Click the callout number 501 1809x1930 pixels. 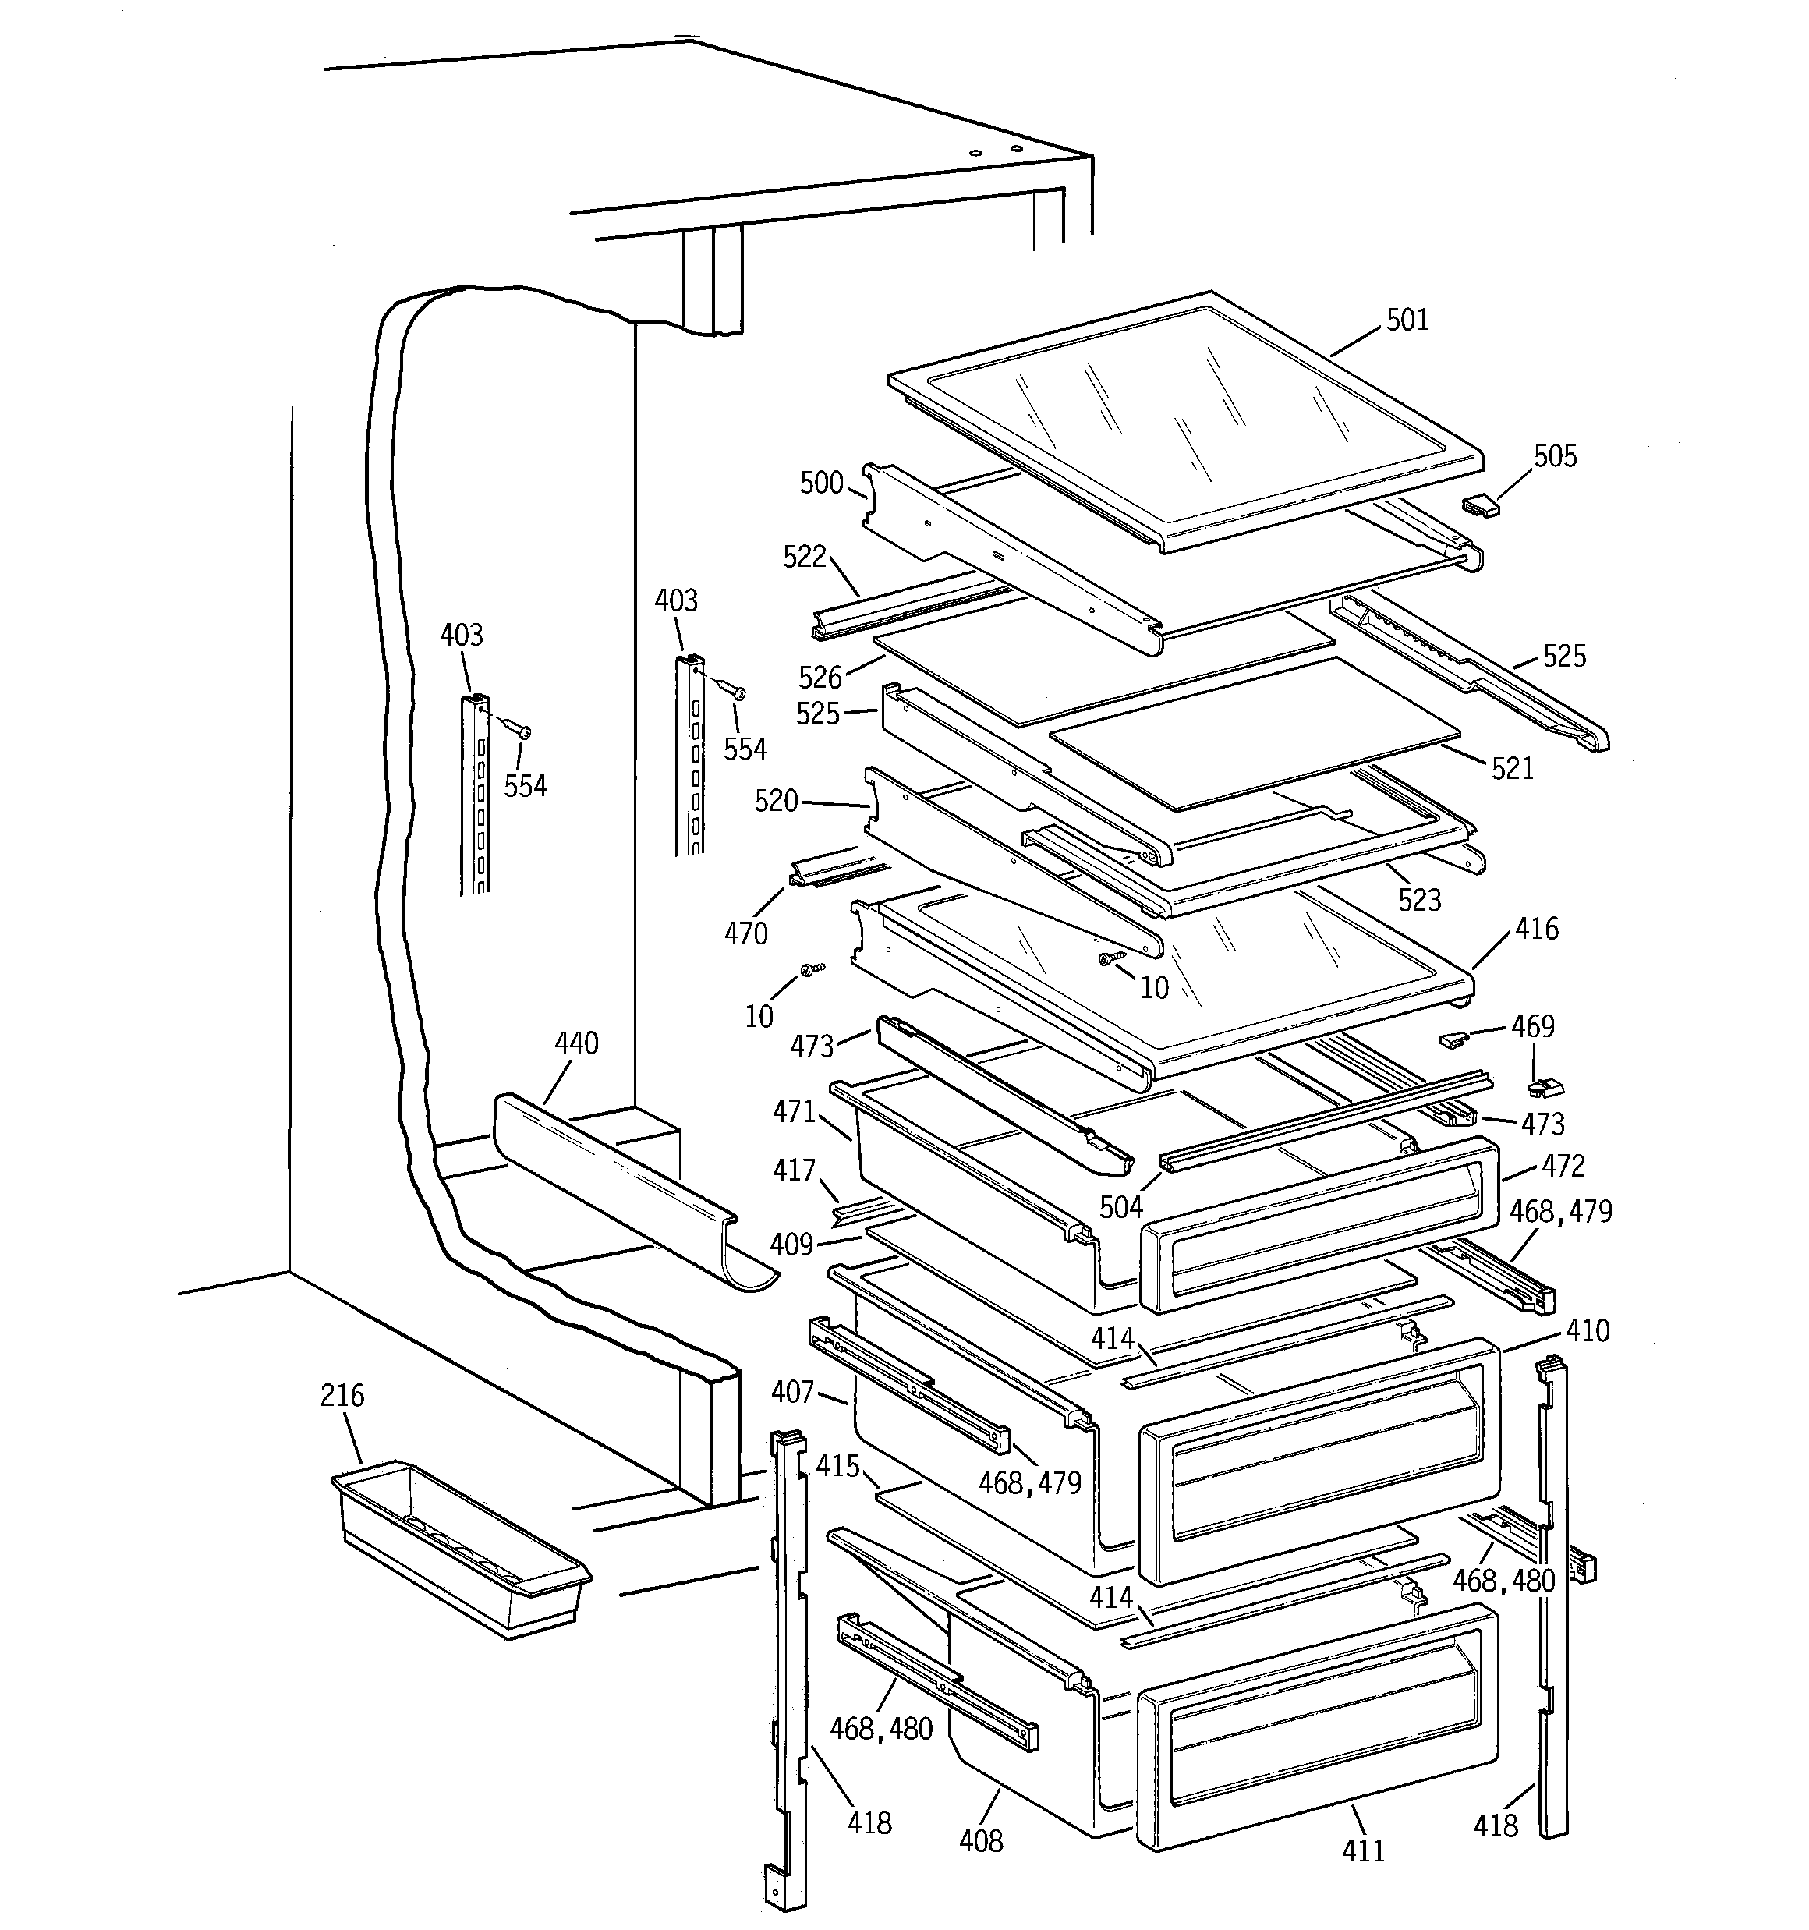(x=1406, y=320)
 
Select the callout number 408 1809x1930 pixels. (x=980, y=1840)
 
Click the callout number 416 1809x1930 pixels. (x=1536, y=929)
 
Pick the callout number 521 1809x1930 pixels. (x=1512, y=769)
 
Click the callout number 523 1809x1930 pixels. (x=1418, y=900)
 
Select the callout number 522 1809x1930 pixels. (x=804, y=556)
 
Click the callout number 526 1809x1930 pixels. (x=820, y=677)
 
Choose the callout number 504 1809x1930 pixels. (x=1120, y=1206)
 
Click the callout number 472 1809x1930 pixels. (x=1563, y=1166)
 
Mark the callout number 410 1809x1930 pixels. (x=1588, y=1330)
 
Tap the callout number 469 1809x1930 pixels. (x=1532, y=1026)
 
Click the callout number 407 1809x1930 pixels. (x=792, y=1392)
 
